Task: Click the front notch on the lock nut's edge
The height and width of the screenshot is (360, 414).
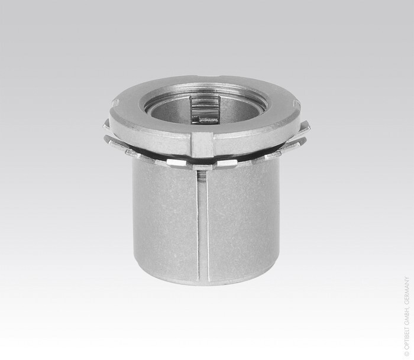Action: tap(202, 145)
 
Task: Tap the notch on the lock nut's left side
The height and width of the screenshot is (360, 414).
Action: tap(116, 104)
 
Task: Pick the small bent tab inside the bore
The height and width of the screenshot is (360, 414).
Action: tap(205, 119)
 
